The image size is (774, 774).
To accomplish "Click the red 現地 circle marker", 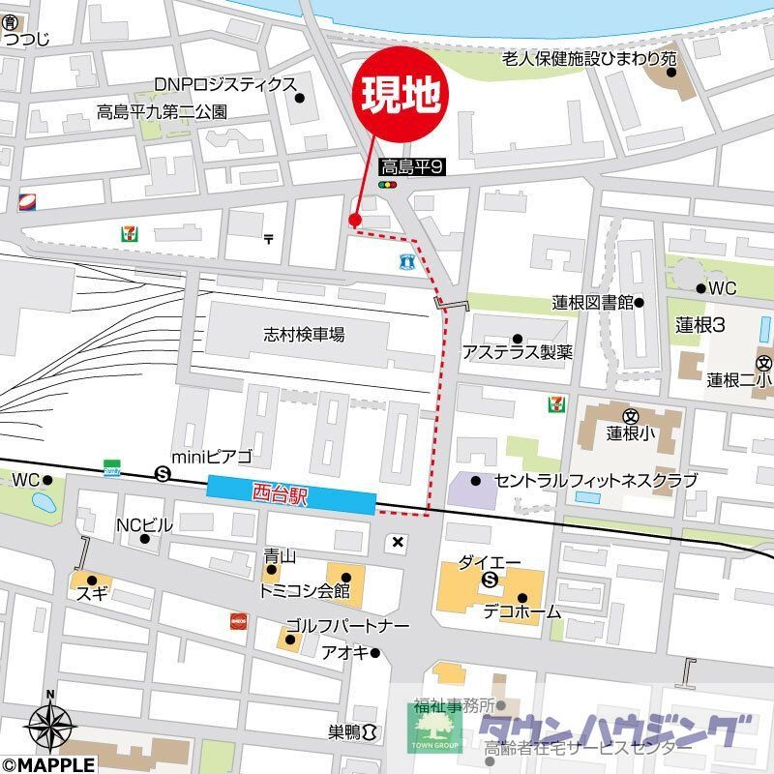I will click(x=403, y=93).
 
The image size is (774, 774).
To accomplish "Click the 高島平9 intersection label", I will click(x=411, y=166).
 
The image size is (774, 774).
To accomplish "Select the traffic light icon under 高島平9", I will click(x=388, y=184).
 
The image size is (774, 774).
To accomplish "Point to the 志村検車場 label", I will click(x=304, y=335).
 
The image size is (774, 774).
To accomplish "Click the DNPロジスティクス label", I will click(x=224, y=85).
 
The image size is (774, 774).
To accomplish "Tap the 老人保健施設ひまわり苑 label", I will click(x=588, y=59).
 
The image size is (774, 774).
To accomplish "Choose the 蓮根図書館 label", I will click(x=593, y=302).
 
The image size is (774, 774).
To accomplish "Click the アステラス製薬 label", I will click(x=517, y=352).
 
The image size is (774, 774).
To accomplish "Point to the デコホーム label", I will click(x=522, y=611).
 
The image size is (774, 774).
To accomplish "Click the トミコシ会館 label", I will click(x=304, y=589).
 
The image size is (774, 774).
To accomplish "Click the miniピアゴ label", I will click(x=212, y=457).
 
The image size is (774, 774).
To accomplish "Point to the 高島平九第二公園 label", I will click(x=162, y=111).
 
